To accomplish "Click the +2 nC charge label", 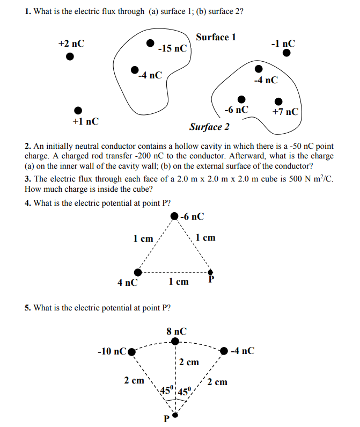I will [x=71, y=44].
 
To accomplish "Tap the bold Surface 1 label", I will [x=216, y=37].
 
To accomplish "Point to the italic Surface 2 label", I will [x=209, y=127].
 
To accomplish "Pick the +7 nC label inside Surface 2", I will [x=285, y=112].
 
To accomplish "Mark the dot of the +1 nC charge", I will [x=78, y=110].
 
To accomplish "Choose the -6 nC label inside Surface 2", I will [x=237, y=110].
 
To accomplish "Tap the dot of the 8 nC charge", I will [x=175, y=342].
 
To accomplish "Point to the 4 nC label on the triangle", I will [x=127, y=282].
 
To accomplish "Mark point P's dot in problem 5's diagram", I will [x=174, y=415].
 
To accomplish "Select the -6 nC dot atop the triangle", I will [x=174, y=216].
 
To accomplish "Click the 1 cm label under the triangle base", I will [x=179, y=281].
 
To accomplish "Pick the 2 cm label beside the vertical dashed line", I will [x=189, y=362].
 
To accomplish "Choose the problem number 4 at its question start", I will [x=27, y=203].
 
